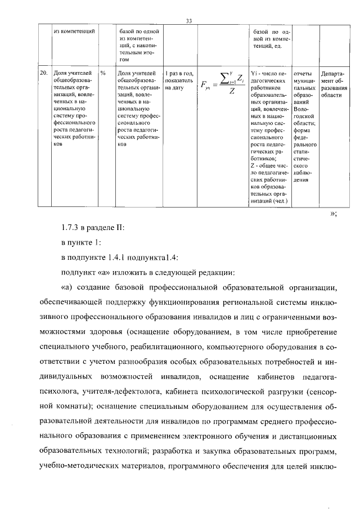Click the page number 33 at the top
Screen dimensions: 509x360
coord(189,21)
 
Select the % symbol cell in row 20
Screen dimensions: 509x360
coord(103,73)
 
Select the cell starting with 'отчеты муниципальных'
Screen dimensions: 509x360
coord(304,127)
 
